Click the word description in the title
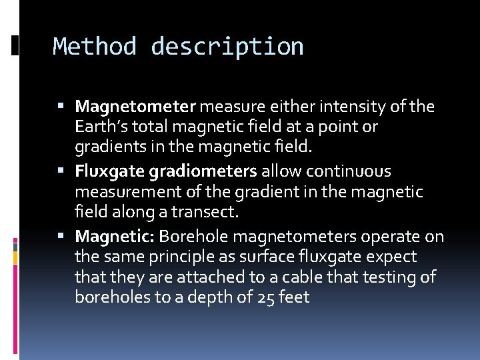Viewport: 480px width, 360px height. (227, 47)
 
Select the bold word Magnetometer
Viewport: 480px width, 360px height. (135, 106)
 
